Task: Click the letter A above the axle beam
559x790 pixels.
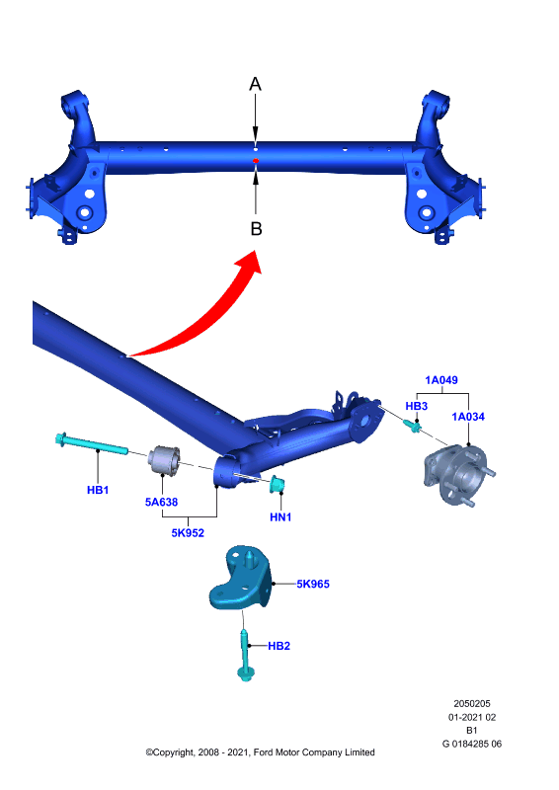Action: coord(256,84)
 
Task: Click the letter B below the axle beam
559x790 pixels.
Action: coord(256,229)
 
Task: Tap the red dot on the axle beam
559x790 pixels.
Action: coord(256,161)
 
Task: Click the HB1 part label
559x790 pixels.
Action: coord(98,490)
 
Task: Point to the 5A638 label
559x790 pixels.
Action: coord(161,502)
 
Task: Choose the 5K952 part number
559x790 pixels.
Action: coord(188,533)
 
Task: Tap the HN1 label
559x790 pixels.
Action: coord(280,516)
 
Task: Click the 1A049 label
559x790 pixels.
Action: coord(441,380)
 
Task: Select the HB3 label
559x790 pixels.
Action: coord(417,406)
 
